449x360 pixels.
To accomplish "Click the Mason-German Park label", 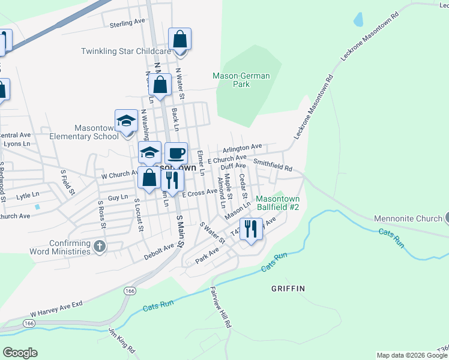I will [241, 80].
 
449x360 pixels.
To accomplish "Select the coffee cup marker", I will [176, 154].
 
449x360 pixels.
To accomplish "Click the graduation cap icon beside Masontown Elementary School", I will [127, 121].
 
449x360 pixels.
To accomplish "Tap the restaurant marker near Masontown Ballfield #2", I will [252, 229].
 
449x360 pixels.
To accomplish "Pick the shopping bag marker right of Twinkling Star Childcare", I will [179, 40].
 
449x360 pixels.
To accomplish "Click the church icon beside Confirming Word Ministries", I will [100, 246].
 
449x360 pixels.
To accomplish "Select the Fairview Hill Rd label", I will [221, 306].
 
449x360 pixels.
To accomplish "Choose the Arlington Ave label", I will [243, 146].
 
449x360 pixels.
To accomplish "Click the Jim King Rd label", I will [119, 338].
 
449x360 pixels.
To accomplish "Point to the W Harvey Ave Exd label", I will [56, 310].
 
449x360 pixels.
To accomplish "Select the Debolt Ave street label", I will [159, 251].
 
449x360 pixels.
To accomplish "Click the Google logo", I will [20, 353].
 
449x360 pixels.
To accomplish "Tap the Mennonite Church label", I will [408, 218].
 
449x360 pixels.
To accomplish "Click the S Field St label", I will [67, 182].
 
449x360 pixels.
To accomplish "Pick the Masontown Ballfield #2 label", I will [277, 203].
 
